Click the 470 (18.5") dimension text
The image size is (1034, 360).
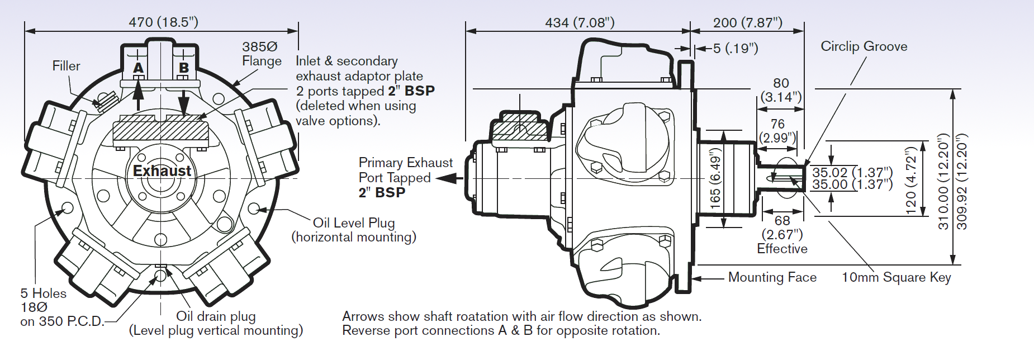coord(163,22)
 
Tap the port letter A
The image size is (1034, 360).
coord(138,68)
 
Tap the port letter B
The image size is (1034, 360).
coord(183,68)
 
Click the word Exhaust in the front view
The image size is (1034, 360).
coord(162,170)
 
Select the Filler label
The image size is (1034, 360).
coord(66,66)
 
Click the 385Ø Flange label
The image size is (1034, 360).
coord(261,54)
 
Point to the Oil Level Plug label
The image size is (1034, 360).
coord(354,222)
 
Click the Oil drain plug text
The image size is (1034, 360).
coord(216,316)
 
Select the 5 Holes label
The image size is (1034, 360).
coord(43,293)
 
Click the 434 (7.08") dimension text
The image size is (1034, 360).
coord(580,22)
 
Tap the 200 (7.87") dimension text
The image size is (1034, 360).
coord(747,22)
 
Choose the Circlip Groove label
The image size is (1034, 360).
coord(864,46)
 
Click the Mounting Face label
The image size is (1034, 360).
coord(772,277)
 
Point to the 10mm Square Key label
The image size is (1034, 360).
coord(896,277)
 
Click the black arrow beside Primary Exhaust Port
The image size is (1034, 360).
coord(450,178)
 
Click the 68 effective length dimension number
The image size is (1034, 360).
coord(782,221)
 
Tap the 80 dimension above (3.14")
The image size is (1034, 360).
coord(781,83)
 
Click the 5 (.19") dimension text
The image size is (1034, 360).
coord(736,49)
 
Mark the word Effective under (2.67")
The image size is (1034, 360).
coord(782,249)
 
